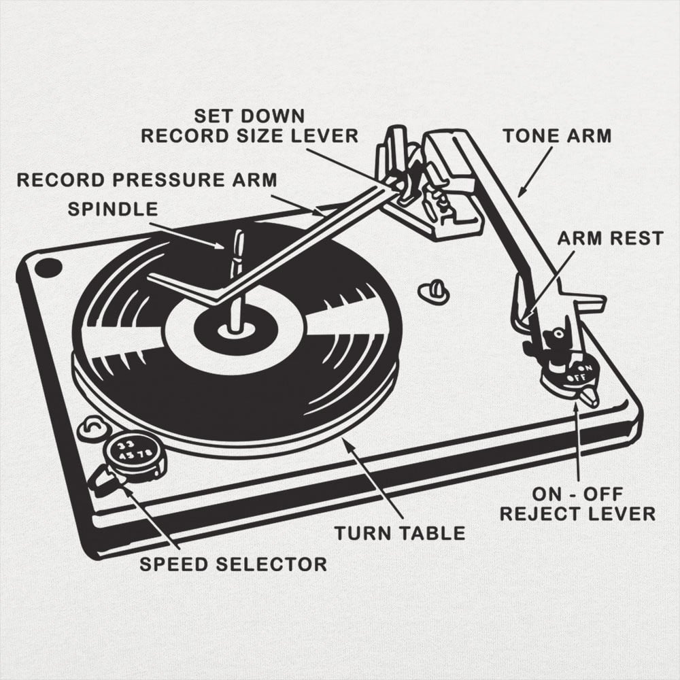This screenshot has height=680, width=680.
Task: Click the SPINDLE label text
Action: click(113, 208)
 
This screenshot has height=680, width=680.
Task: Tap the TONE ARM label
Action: click(557, 135)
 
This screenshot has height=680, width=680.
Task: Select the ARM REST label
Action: click(610, 238)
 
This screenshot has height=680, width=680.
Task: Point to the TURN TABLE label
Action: click(400, 532)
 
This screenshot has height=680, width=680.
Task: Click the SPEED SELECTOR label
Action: click(233, 564)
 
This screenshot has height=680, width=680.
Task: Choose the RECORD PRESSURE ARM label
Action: click(147, 180)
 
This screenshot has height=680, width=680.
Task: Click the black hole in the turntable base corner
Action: click(48, 267)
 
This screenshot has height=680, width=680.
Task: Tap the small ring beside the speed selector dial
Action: click(90, 430)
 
